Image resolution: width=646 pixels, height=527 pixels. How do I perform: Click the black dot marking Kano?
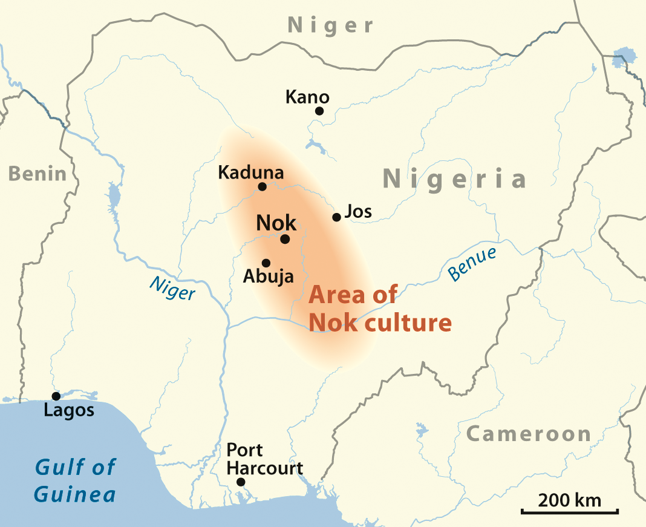pos(319,111)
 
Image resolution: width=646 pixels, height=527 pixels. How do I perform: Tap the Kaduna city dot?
pos(263,186)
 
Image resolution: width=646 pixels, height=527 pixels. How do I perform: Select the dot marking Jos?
pos(337,217)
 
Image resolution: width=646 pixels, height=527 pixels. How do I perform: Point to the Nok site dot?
pos(285,239)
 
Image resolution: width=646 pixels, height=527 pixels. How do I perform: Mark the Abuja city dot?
pos(266,263)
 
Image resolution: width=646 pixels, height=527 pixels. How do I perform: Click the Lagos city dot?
pos(56,396)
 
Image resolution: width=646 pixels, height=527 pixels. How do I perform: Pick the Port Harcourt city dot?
pos(241,482)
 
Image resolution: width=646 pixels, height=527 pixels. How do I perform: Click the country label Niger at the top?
pos(330,25)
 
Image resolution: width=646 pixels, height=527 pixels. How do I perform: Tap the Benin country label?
pos(38,174)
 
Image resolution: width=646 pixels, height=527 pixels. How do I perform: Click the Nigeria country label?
pos(455,179)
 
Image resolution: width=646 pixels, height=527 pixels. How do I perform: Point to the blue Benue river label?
pos(472,264)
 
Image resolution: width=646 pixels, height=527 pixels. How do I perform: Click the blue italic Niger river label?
pos(172,288)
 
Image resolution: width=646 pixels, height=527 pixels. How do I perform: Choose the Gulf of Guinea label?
pos(75,481)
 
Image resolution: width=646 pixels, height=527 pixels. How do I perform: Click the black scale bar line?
pos(569,512)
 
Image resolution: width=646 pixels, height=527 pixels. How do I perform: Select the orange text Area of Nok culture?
pos(380,309)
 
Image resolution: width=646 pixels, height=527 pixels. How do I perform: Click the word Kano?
pos(307,97)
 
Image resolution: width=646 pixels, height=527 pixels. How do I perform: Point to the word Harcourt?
pos(264,468)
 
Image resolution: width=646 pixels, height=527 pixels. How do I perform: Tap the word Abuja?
pos(268,277)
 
